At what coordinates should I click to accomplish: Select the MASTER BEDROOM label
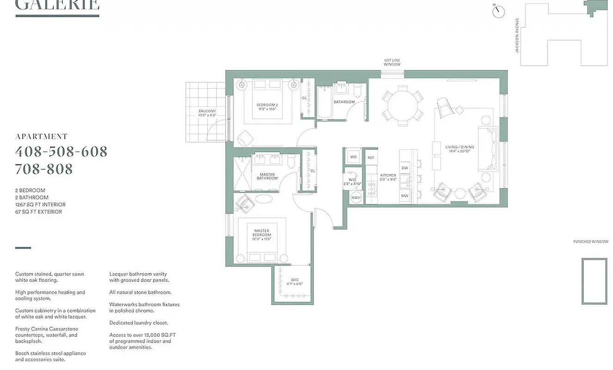click(262, 233)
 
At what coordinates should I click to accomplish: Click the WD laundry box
click(353, 157)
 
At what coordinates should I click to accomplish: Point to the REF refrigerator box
click(371, 158)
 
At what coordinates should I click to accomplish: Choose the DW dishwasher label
click(405, 168)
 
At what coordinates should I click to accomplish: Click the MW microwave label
click(405, 196)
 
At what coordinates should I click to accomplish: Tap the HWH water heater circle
click(356, 198)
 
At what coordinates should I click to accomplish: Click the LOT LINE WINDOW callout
click(392, 62)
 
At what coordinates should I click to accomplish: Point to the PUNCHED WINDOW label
click(591, 241)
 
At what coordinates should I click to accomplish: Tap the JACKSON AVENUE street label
click(517, 35)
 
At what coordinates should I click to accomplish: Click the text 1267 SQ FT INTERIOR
click(40, 204)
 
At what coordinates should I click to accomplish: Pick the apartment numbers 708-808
click(44, 169)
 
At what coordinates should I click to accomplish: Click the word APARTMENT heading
click(42, 136)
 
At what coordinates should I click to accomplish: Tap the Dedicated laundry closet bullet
click(139, 323)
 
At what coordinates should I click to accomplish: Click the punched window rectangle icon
click(594, 281)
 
